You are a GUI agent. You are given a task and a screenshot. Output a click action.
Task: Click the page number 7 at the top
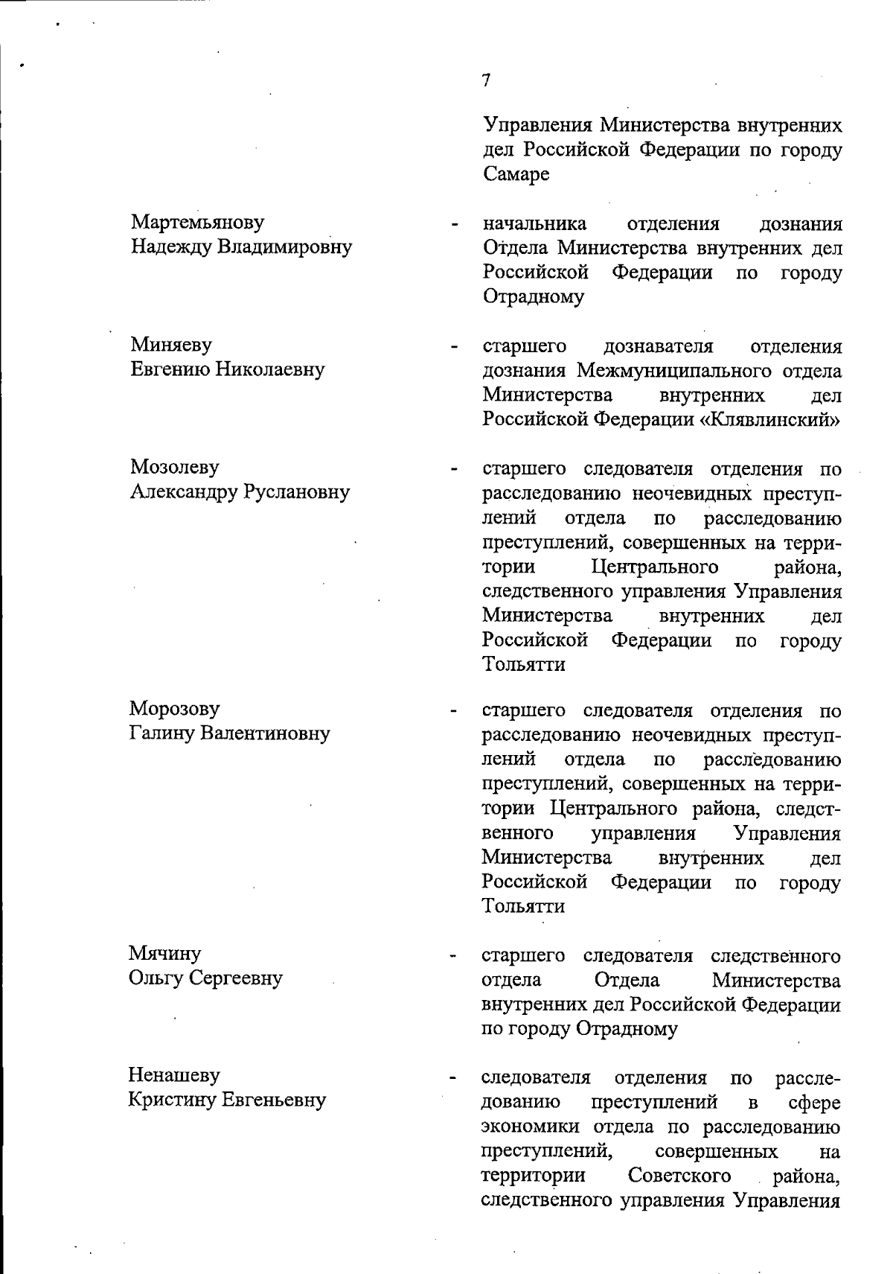click(x=486, y=80)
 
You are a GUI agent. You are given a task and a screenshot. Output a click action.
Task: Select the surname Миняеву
click(x=170, y=345)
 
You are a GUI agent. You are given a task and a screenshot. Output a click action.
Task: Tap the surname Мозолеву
click(x=175, y=467)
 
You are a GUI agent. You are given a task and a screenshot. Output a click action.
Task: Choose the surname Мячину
click(x=164, y=953)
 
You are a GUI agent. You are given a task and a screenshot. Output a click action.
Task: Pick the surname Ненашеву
click(x=174, y=1075)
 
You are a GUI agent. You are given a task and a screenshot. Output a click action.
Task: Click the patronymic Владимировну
click(x=284, y=246)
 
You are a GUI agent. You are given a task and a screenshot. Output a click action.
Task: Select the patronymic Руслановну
click(x=297, y=491)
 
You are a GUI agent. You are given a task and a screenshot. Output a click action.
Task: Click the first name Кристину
click(x=171, y=1100)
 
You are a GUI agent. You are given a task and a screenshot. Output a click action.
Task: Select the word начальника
click(x=534, y=223)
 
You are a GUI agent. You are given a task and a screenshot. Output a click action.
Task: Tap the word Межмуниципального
click(x=676, y=370)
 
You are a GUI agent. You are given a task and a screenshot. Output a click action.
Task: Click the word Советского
click(x=679, y=1175)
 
